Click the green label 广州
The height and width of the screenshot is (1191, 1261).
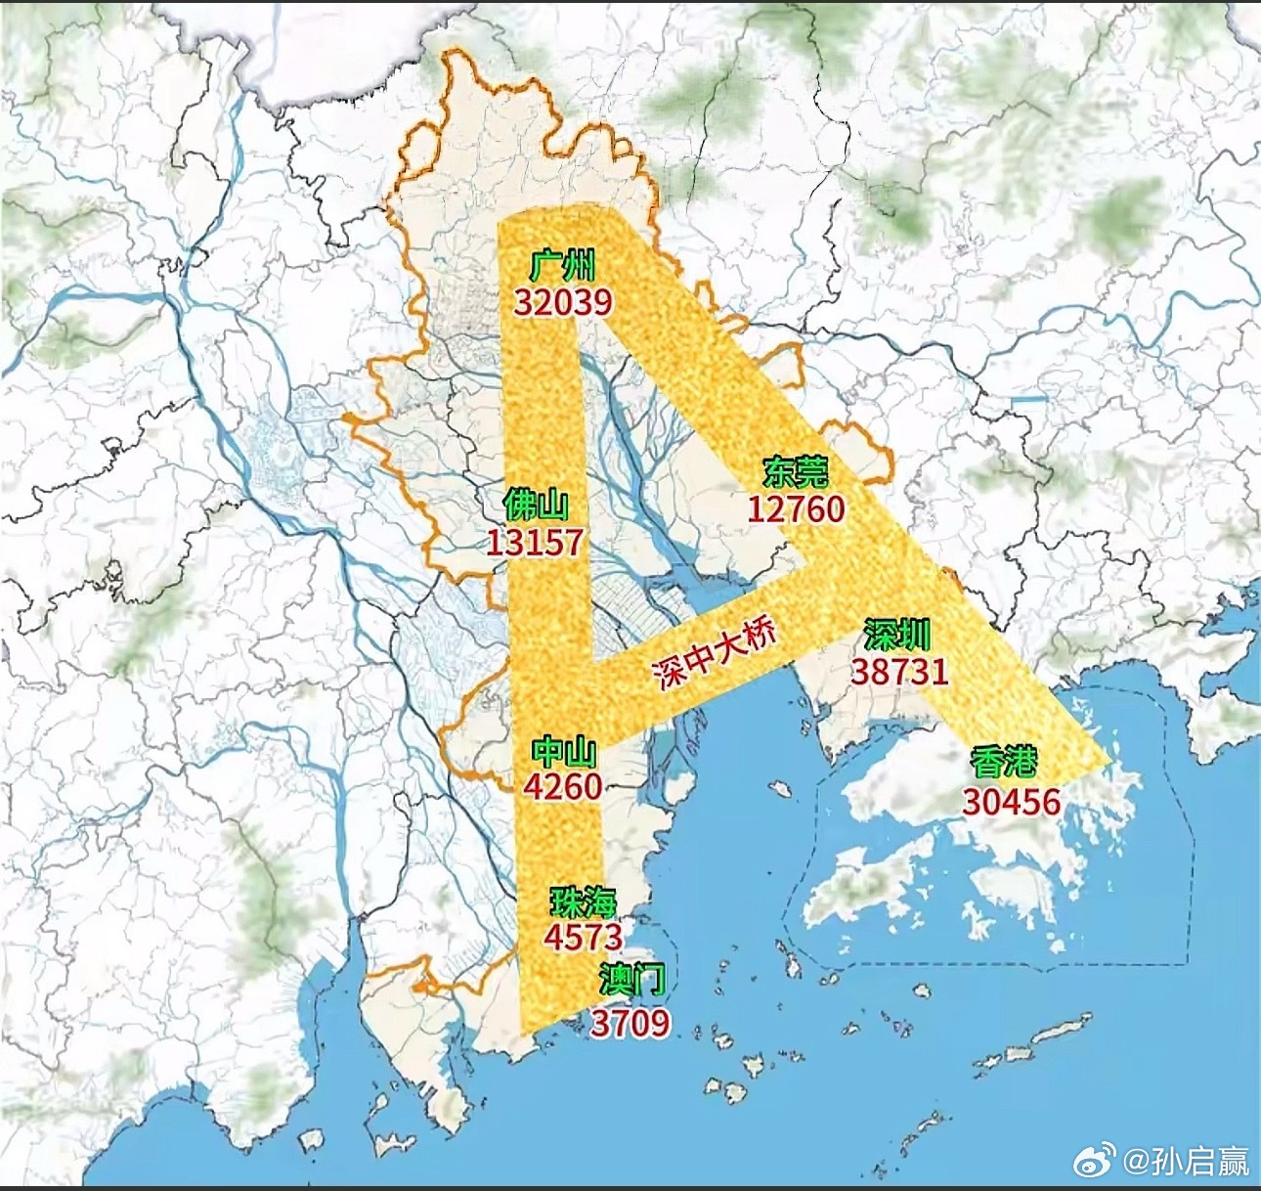pos(562,266)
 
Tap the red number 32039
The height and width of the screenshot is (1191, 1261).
pos(563,302)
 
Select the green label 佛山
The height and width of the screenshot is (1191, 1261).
pos(535,506)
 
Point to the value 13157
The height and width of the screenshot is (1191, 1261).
pos(535,542)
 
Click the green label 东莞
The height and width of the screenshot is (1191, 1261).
pos(796,473)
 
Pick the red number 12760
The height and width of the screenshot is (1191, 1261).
pos(796,508)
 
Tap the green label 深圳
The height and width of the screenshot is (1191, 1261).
pos(896,636)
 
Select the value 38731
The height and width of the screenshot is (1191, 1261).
pos(899,671)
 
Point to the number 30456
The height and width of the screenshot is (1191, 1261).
pos(1011,802)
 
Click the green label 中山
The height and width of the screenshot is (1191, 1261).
pos(564,752)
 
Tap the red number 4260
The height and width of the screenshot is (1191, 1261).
pos(563,786)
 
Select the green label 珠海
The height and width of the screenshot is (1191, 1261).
pos(583,902)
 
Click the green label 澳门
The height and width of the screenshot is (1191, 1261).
pos(632,979)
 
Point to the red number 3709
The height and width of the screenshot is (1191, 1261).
pos(630,1023)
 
